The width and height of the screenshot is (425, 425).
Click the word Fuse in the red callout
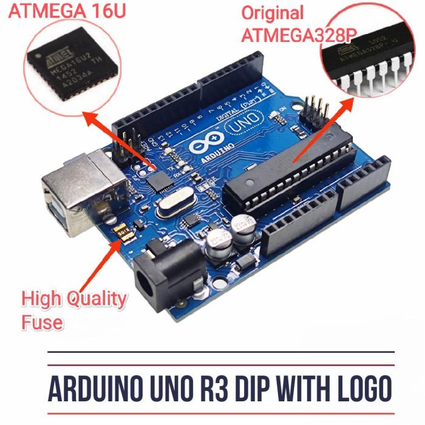(42, 321)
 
